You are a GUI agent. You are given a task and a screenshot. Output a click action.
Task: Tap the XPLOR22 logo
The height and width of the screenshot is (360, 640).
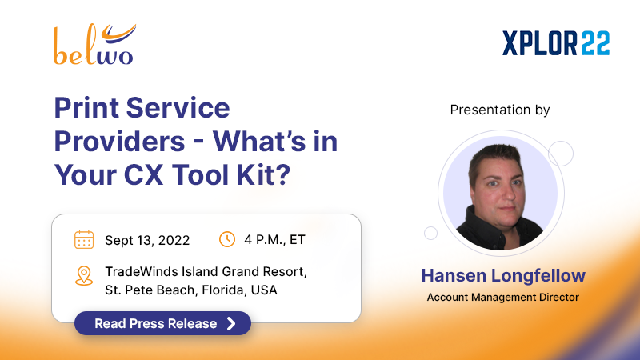[x=556, y=42]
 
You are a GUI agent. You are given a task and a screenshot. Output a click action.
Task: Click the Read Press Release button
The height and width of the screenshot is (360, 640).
[x=162, y=323]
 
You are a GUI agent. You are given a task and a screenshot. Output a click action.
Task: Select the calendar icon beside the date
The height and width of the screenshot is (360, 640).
[x=84, y=239]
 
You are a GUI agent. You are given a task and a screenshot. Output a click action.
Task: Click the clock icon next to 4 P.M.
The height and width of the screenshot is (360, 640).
[x=227, y=239]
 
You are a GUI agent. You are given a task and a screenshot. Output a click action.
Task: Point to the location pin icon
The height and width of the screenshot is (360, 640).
[x=84, y=276]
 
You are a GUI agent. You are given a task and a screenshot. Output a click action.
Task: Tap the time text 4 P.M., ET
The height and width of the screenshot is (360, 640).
[x=275, y=240]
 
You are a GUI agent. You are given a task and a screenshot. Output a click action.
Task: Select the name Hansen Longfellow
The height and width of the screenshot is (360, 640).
[x=502, y=275]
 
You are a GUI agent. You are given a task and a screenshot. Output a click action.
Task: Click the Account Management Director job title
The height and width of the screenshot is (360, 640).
[x=502, y=298]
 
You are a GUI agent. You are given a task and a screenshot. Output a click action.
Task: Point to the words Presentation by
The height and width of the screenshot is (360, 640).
[x=500, y=110]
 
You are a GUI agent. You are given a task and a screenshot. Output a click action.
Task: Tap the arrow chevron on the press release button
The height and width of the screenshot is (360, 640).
[x=231, y=323]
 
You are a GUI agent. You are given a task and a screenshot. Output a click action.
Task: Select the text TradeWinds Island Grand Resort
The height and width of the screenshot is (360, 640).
[x=206, y=271]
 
